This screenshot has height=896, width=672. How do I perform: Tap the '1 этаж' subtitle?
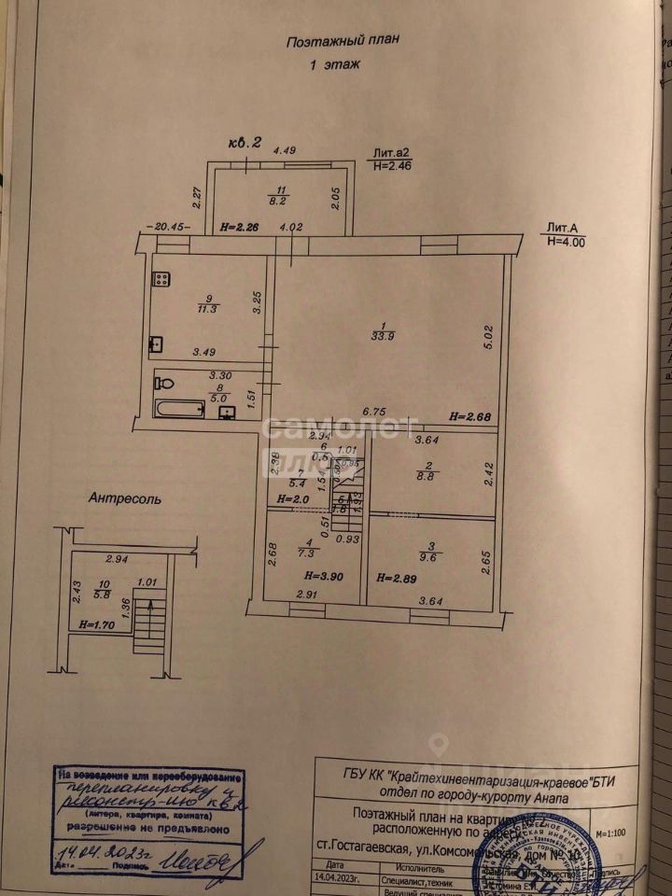(x=333, y=64)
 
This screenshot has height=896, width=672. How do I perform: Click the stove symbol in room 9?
(x=161, y=277)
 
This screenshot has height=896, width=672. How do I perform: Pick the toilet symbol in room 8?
(x=166, y=384)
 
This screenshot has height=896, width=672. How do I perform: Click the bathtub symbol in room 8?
(x=179, y=408)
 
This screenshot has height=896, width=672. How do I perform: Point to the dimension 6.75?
(x=373, y=410)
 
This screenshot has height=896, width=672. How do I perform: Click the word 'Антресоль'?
(x=125, y=498)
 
